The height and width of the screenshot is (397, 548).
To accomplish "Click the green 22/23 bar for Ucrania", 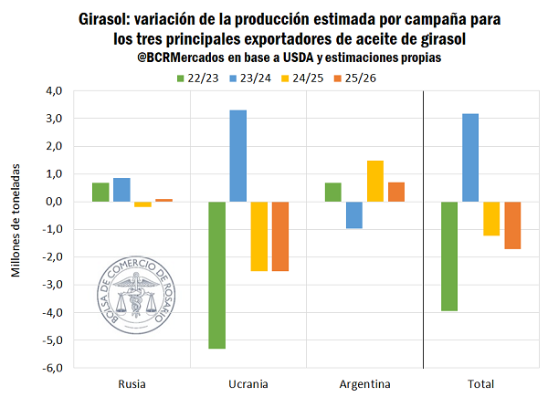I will pos(217,275).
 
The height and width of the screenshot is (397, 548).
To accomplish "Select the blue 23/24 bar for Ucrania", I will pos(237,156).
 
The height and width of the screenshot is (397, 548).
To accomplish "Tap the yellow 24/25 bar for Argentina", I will pos(375,181).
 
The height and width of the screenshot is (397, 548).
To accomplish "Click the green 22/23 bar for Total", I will pos(449,256).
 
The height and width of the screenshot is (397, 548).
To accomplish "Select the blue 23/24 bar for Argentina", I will pos(354,214).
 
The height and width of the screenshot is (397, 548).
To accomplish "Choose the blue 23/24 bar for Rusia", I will pos(121,190).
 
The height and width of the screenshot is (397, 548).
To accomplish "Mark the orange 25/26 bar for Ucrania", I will pos(279,236).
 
